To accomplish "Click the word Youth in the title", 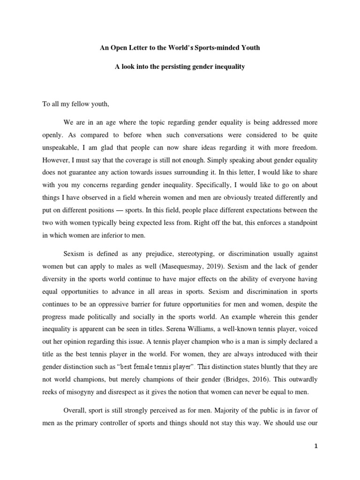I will pos(245,47).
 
